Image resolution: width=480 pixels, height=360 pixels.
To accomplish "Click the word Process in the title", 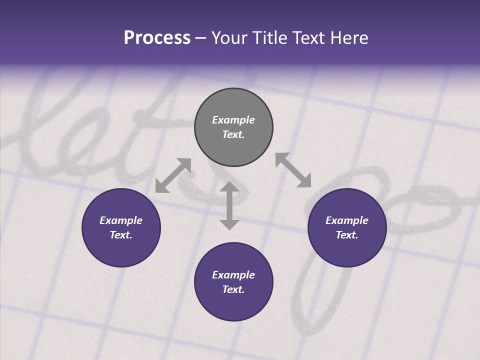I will tap(157, 38).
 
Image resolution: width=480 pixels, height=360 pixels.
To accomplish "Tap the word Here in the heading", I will tap(348, 38).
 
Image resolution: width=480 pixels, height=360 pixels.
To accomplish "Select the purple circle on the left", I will tap(121, 249).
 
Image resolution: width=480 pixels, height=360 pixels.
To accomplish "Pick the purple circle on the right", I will tap(347, 249).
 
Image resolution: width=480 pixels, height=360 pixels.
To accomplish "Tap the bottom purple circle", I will tap(233, 305).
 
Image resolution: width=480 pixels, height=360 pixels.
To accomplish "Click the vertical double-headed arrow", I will tap(229, 206).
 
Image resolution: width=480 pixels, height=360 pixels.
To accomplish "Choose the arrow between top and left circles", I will tap(173, 175).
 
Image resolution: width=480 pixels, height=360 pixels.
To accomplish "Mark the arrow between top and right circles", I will tap(293, 170).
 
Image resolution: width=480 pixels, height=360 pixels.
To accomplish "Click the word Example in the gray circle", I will tap(233, 120).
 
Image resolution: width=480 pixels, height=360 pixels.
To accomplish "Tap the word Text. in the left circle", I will tap(121, 235).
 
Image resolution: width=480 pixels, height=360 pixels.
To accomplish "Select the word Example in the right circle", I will tap(347, 220).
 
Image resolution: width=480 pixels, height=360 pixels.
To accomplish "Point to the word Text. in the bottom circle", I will tap(233, 289).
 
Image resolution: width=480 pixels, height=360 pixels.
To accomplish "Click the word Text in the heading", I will tap(309, 38).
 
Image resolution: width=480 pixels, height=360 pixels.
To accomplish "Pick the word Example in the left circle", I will tap(121, 220).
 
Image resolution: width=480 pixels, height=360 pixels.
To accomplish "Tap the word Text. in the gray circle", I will tap(233, 134).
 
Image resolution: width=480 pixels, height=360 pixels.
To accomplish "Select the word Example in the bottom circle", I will tap(233, 275).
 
